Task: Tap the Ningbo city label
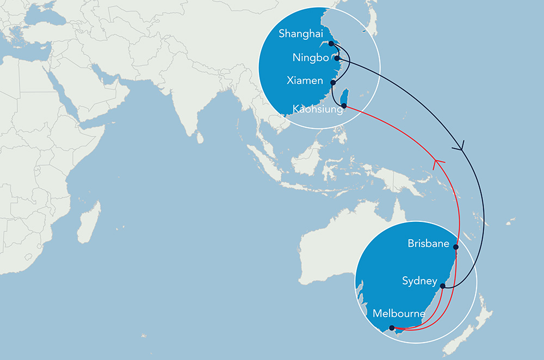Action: point(311,58)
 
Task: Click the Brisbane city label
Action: point(429,244)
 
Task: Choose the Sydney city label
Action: point(419,281)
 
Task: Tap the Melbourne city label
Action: point(399,314)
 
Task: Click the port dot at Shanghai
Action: point(331,44)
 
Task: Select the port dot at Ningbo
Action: point(337,58)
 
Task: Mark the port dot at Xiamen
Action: point(333,83)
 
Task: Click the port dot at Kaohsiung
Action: point(343,105)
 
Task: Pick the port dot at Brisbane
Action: point(456,247)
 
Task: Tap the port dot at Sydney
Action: point(443,285)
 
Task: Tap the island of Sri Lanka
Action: point(200,138)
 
